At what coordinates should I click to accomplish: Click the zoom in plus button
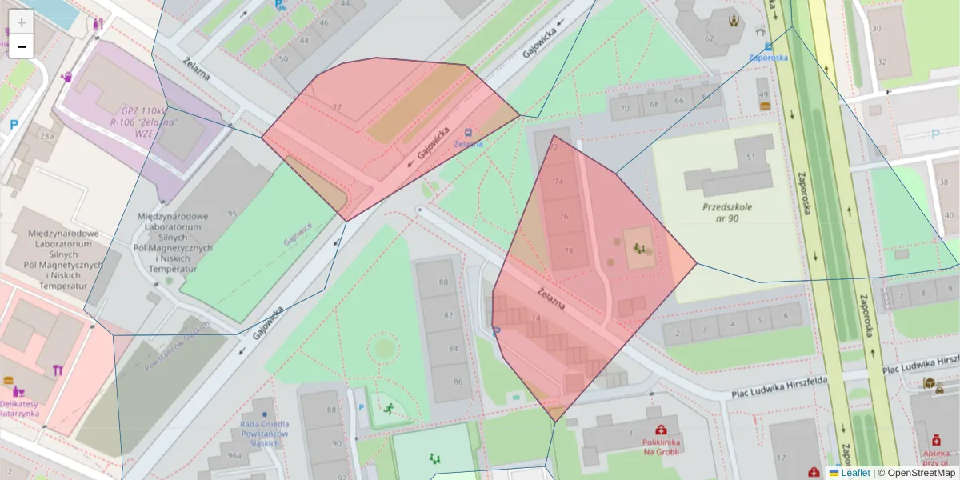tap(22, 22)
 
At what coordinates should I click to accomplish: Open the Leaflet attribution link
tap(854, 473)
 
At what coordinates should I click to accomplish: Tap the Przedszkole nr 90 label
tap(727, 212)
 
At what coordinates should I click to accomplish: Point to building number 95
tap(232, 214)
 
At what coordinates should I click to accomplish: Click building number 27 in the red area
tap(337, 108)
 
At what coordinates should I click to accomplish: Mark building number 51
tap(750, 158)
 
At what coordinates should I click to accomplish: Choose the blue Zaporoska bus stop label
tap(768, 58)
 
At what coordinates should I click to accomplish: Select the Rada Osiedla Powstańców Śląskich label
tap(264, 434)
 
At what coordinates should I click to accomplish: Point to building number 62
tap(709, 38)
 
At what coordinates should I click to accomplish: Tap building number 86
tap(458, 382)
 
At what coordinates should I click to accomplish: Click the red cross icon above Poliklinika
tap(660, 430)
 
